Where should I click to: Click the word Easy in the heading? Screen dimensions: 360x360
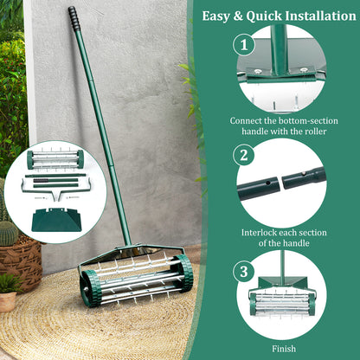coord(219,16)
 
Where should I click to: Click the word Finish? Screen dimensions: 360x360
coord(283,349)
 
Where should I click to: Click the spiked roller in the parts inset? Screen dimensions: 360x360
coord(55,159)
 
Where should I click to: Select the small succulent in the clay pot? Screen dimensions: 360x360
coord(10,283)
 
